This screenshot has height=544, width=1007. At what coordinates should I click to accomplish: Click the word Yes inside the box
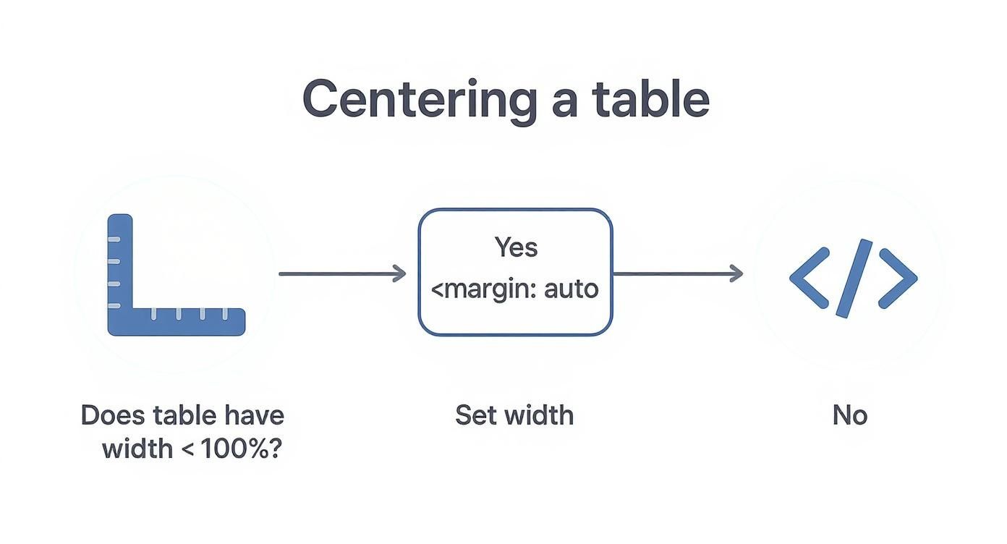516,247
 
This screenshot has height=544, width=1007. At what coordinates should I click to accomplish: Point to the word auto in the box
571,289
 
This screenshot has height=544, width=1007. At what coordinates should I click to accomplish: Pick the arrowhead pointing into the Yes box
399,273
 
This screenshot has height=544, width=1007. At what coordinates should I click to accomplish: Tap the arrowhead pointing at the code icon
736,273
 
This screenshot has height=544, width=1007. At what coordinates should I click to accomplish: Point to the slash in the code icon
854,278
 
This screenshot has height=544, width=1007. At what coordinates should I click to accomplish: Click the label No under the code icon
849,415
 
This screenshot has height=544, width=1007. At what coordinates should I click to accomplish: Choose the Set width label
514,415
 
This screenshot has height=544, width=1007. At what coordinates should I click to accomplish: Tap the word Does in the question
113,415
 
